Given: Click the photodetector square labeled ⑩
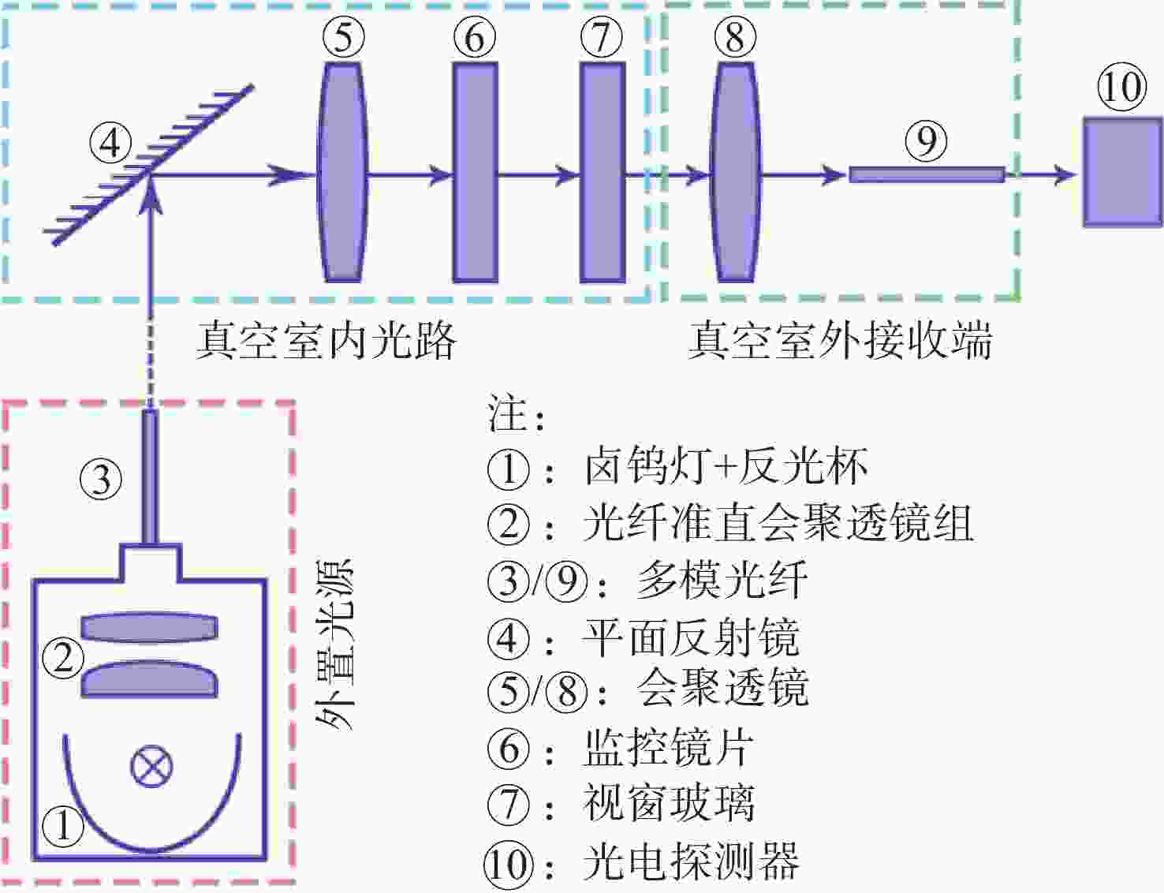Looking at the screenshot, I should point(1121,173).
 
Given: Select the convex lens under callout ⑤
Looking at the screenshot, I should point(343,173).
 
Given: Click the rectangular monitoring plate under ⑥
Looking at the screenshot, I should point(475,173).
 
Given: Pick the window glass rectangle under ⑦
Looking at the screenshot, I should point(603,173).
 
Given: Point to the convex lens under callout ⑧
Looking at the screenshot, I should point(735,173).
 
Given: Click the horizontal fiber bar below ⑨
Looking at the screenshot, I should point(927,174).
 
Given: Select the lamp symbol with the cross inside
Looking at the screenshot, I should point(151,767).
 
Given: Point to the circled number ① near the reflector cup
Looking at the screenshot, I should point(62,825).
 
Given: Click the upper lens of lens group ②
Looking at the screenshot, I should point(149,628).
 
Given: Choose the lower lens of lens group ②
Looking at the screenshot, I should point(149,680).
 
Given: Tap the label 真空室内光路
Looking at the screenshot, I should point(326,340).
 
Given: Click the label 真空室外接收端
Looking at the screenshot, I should point(840,340).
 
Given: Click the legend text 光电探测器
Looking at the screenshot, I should point(692,862).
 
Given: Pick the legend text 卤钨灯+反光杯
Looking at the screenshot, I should point(726,467).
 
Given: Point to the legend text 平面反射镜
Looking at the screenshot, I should point(692,637).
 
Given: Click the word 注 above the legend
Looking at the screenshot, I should point(506,414).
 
